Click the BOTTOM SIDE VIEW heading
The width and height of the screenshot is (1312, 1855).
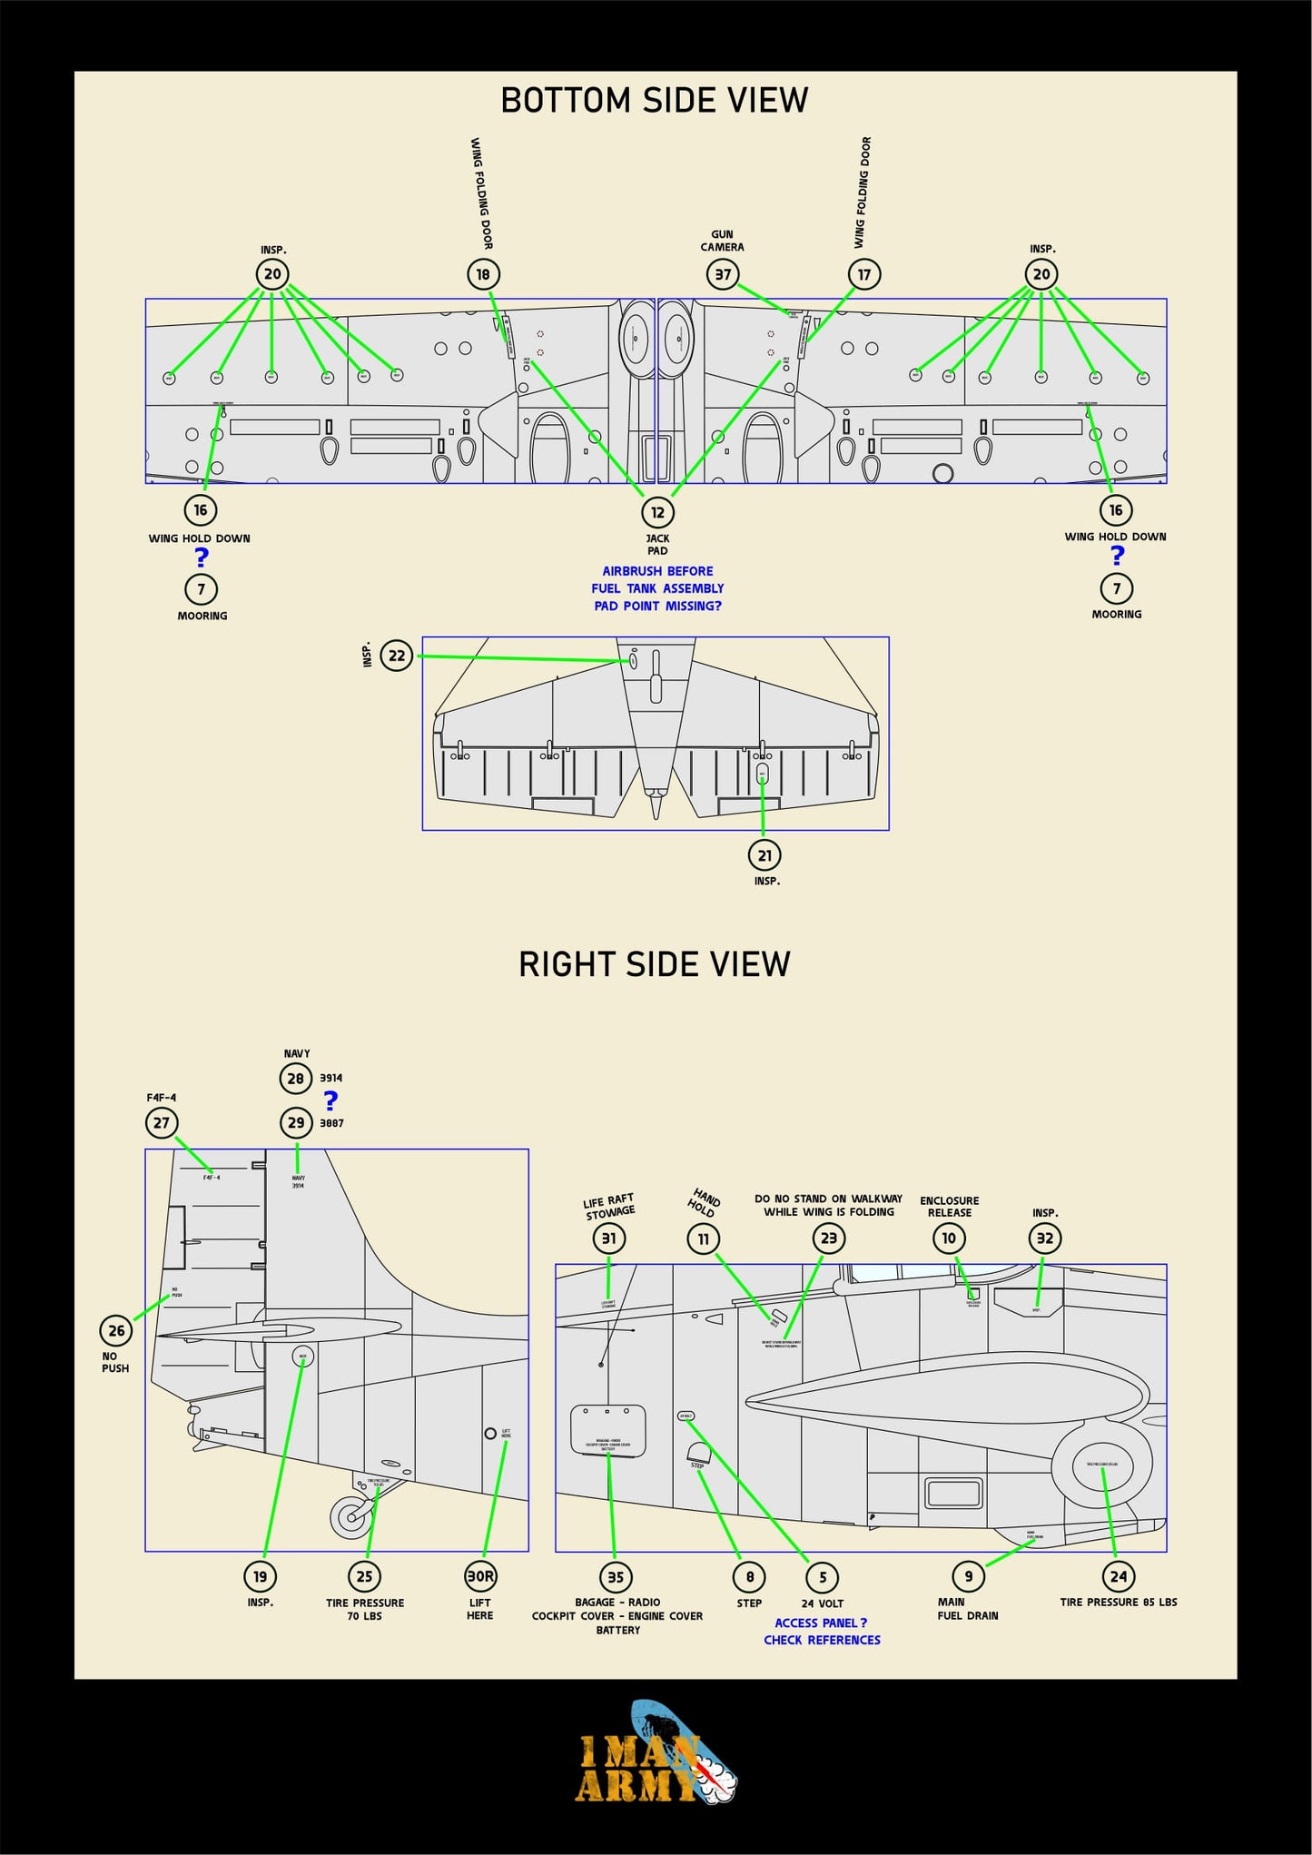pos(654,100)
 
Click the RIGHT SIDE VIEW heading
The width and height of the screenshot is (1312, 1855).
pos(654,964)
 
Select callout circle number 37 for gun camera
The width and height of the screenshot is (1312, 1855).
pos(723,274)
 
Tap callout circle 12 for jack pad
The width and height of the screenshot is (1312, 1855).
pos(657,512)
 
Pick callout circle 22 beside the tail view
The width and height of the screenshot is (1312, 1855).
pos(397,656)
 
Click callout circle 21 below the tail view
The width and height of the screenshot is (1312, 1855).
pos(765,855)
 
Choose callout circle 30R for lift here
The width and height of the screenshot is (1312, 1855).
pos(480,1576)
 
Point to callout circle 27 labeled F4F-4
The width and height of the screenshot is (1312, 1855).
pos(162,1123)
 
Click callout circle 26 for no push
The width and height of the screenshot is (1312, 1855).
pos(116,1331)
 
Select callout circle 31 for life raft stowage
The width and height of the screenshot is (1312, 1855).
pos(609,1238)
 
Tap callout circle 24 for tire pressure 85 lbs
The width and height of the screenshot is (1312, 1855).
pos(1119,1577)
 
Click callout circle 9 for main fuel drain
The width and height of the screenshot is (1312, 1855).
pos(969,1576)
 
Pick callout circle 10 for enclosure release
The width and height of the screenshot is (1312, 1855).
pos(949,1238)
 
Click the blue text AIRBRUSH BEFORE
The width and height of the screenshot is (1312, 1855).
pos(657,571)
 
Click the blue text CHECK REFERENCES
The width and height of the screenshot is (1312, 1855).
pos(822,1640)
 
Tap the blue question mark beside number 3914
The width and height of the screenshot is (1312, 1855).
pos(331,1100)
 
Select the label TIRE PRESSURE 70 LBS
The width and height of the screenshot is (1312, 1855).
pos(365,1609)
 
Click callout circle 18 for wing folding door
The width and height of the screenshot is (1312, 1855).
pos(483,274)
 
